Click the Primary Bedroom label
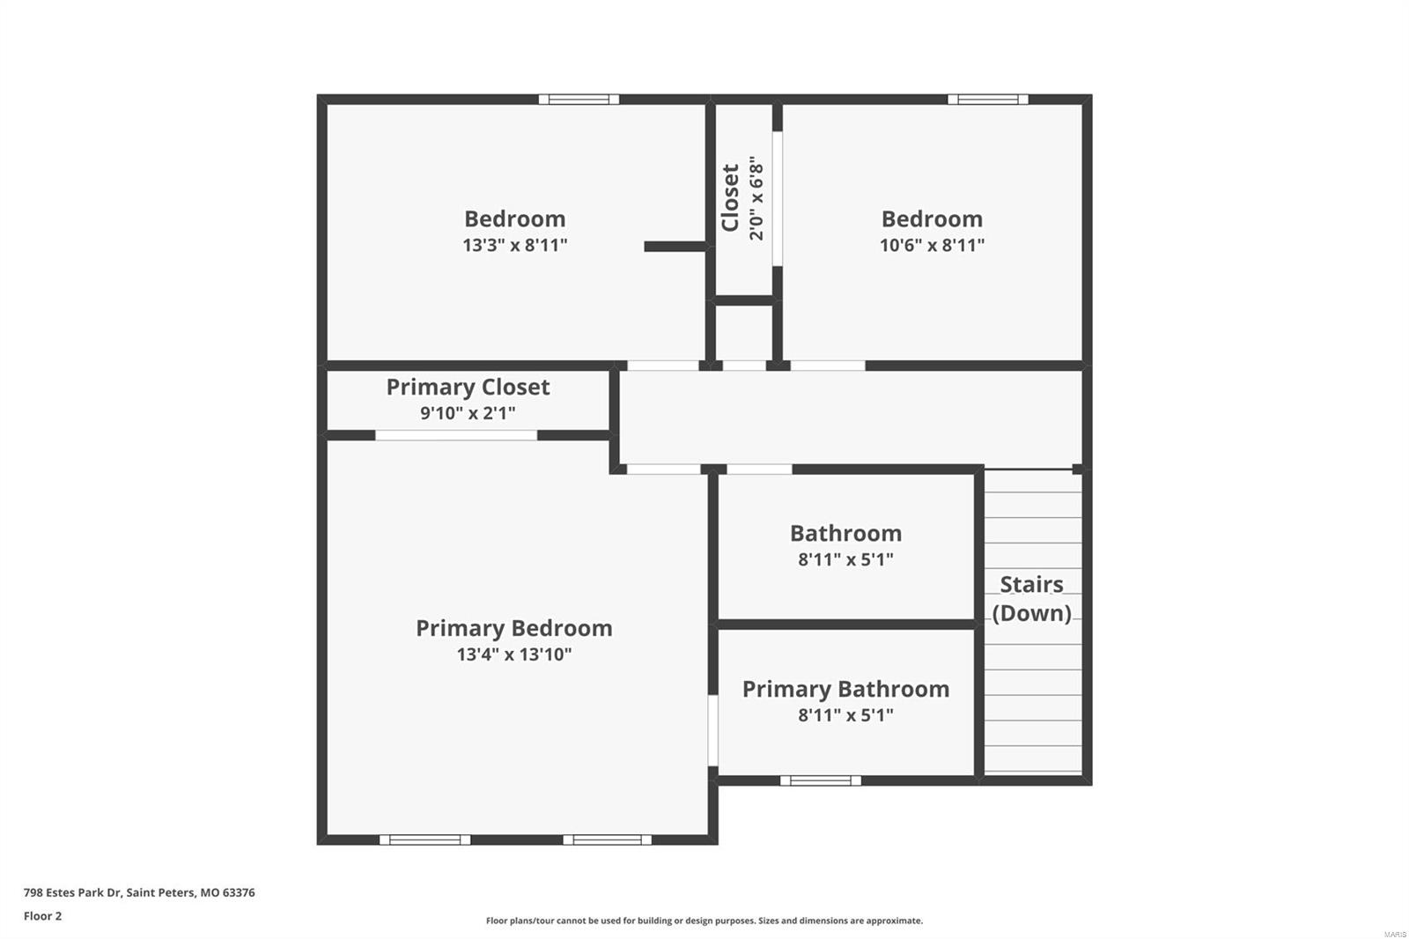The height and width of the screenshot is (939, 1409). pyautogui.click(x=513, y=628)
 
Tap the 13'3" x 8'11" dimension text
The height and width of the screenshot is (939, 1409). pyautogui.click(x=514, y=245)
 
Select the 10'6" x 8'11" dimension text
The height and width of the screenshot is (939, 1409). pyautogui.click(x=932, y=245)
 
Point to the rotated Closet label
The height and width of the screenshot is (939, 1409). pyautogui.click(x=730, y=197)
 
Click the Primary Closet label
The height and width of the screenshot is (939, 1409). pyautogui.click(x=468, y=387)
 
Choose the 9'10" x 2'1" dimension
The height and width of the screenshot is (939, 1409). pyautogui.click(x=468, y=412)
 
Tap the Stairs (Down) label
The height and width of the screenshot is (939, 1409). pyautogui.click(x=1031, y=598)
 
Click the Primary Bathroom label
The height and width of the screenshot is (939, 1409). pyautogui.click(x=845, y=689)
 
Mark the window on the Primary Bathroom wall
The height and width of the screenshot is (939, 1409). pyautogui.click(x=820, y=780)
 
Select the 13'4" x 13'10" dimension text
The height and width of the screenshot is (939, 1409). pyautogui.click(x=513, y=654)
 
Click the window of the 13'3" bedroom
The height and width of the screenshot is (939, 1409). pyautogui.click(x=579, y=100)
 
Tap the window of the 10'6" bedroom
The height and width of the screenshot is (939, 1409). pyautogui.click(x=987, y=100)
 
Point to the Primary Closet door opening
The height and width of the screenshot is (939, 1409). pyautogui.click(x=456, y=435)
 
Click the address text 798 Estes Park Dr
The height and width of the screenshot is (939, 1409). pyautogui.click(x=139, y=892)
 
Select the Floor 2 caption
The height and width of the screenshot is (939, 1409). pyautogui.click(x=42, y=916)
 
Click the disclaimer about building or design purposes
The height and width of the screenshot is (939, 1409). pyautogui.click(x=704, y=921)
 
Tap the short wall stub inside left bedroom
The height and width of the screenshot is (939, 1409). pyautogui.click(x=675, y=247)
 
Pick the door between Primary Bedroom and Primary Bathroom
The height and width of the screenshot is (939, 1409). pyautogui.click(x=713, y=730)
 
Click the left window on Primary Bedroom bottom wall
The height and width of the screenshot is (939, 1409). pyautogui.click(x=424, y=839)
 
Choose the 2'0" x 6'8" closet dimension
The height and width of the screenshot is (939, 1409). pyautogui.click(x=756, y=198)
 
